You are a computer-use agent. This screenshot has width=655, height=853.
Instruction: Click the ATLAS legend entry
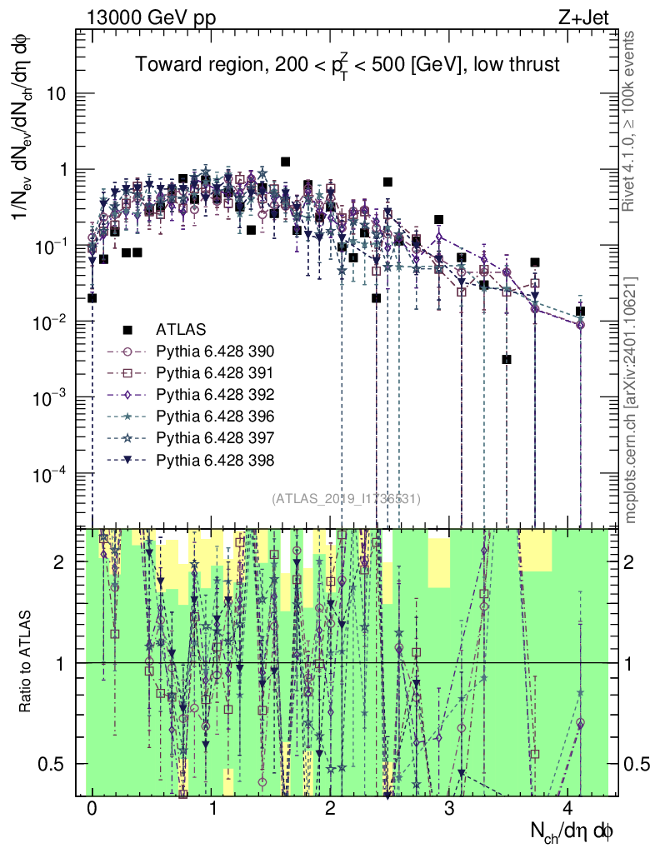coord(181,329)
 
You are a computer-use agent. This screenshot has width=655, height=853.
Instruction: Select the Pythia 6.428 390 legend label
coord(216,351)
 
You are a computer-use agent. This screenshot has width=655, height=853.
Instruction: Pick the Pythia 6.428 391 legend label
coord(216,372)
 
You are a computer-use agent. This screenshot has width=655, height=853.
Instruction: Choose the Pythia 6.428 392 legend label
coord(216,394)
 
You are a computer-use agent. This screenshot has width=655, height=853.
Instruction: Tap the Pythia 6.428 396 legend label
coord(216,416)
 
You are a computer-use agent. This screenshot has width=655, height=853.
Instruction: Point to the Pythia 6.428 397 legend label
coord(216,437)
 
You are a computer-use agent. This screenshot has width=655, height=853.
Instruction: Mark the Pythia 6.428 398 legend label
coord(216,459)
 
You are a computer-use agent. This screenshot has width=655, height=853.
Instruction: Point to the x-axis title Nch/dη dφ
coord(573,831)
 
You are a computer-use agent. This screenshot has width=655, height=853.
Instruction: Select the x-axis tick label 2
coord(331,809)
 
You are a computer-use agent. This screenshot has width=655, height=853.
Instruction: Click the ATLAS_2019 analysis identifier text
coord(346,498)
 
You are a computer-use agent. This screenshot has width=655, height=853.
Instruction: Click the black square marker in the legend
coord(128,329)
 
